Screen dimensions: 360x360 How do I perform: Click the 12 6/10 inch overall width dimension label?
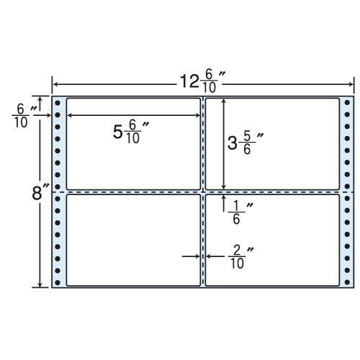(203, 82)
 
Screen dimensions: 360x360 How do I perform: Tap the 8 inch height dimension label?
(40, 193)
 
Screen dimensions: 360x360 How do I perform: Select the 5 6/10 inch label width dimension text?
(131, 132)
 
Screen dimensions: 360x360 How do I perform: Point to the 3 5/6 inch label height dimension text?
(246, 143)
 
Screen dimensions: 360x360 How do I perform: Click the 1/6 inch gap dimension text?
(240, 213)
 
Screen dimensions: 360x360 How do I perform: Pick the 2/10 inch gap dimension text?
(240, 258)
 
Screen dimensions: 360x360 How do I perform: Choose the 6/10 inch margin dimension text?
(24, 117)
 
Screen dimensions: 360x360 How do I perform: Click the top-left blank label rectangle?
(133, 144)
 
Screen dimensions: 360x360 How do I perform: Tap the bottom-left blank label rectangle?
(133, 240)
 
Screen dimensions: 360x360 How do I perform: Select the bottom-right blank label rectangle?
(272, 240)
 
